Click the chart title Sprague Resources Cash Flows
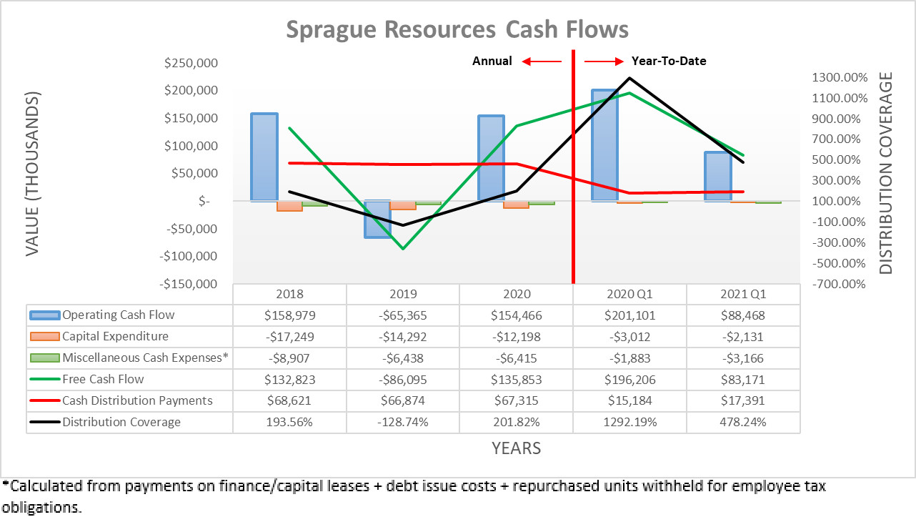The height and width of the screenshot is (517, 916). point(457,29)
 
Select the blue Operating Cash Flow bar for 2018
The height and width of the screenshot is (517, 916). point(265,157)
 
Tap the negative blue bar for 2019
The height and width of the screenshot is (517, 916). point(377,219)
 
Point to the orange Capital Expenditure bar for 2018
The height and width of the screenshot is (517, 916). point(289,206)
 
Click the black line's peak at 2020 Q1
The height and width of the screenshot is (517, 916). point(629,77)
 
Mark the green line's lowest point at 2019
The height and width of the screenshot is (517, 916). point(403,249)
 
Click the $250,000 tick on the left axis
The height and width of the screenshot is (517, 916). point(191,63)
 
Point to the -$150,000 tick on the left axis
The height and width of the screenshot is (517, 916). point(189,284)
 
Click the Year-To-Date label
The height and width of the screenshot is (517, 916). point(669,61)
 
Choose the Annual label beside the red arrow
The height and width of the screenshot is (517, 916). point(492,61)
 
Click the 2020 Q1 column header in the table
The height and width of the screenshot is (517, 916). point(629,294)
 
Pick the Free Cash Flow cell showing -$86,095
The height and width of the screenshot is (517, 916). point(403,379)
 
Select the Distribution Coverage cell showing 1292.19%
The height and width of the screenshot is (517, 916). point(629,422)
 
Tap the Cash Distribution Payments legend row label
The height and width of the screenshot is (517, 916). point(137,400)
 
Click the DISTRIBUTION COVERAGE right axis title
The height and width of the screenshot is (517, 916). point(886,173)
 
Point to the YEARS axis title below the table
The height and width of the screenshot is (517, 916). point(516,448)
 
